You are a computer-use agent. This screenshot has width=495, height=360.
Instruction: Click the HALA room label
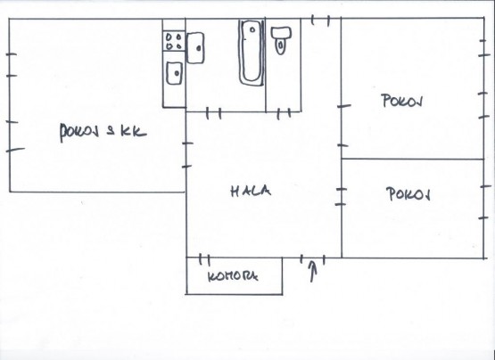(x=251, y=192)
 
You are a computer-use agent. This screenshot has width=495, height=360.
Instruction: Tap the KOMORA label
(x=233, y=276)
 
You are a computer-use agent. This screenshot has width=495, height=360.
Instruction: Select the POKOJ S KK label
(x=103, y=133)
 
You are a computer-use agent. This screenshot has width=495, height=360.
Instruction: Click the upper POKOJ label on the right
(x=402, y=101)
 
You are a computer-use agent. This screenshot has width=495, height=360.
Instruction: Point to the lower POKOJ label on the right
(x=408, y=193)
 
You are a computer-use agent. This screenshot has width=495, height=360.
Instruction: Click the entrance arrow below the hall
(x=312, y=272)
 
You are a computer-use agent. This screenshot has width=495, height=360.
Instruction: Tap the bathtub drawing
(x=252, y=53)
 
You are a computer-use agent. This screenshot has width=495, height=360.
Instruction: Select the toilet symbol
(x=281, y=40)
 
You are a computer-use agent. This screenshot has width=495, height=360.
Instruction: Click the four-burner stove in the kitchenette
(x=174, y=41)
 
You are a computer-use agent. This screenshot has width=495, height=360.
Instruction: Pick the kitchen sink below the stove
(x=174, y=73)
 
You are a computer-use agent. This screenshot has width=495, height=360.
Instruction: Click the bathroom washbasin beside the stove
(x=195, y=47)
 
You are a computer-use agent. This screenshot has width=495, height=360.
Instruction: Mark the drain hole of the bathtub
(x=252, y=30)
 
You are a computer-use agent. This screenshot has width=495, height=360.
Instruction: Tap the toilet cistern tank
(x=281, y=32)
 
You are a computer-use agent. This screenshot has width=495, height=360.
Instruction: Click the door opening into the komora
(x=204, y=259)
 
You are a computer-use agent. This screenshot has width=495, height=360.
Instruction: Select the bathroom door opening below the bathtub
(x=214, y=113)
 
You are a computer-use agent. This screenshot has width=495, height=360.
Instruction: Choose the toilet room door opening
(x=284, y=113)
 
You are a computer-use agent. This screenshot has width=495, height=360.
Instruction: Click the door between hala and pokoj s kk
(x=187, y=154)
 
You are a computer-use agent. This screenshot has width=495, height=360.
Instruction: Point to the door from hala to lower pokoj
(x=342, y=197)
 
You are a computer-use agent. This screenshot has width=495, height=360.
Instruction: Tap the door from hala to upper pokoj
(x=342, y=126)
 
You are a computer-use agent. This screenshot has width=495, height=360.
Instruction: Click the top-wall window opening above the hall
(x=320, y=20)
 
